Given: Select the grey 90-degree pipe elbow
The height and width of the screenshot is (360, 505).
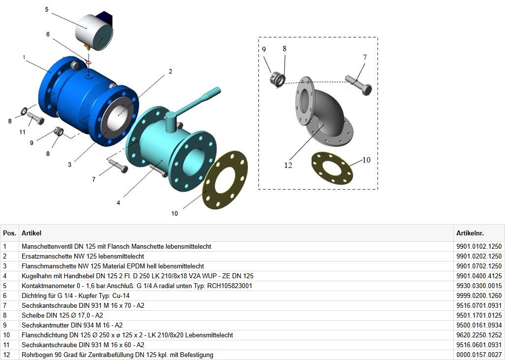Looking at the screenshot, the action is tap(324, 112).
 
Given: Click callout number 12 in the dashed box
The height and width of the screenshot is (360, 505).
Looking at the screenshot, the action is tap(288, 165).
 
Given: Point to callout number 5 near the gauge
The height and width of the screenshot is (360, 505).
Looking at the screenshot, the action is tap(47, 10).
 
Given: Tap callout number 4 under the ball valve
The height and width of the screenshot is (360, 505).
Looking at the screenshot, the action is tap(119, 203).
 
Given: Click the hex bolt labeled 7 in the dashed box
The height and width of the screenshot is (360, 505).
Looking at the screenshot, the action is tap(358, 84).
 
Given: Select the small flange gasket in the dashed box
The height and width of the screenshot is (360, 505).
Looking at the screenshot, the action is tap(332, 167).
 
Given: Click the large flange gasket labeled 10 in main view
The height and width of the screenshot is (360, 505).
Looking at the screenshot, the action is tap(225, 180).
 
